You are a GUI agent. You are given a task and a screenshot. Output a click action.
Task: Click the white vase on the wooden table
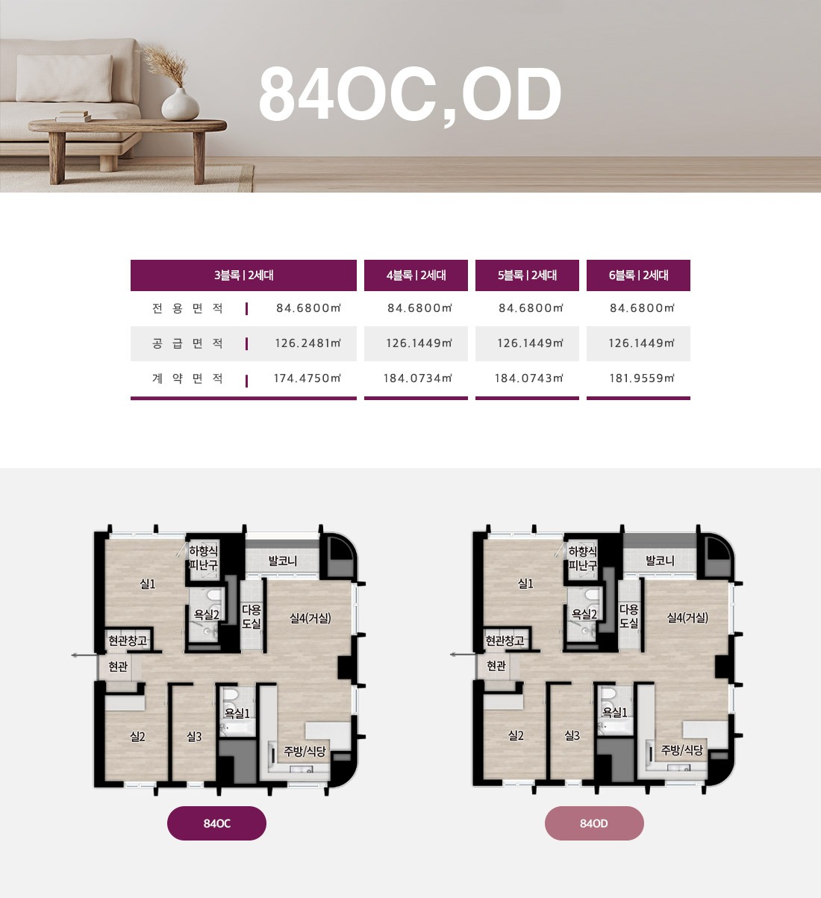click(x=180, y=104)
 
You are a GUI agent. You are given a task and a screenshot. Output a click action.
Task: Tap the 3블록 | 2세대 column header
click(x=243, y=275)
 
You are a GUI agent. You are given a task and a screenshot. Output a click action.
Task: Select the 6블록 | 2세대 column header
click(x=638, y=275)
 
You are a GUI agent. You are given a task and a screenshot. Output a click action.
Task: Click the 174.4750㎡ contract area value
click(x=308, y=378)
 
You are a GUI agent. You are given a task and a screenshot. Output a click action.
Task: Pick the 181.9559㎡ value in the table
click(x=641, y=378)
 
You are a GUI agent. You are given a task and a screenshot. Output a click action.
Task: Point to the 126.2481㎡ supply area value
click(x=308, y=343)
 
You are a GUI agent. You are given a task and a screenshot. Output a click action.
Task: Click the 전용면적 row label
click(x=187, y=308)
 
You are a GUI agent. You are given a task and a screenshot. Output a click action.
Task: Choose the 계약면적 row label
click(x=187, y=378)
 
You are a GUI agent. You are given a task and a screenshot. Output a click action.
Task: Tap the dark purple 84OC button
click(x=216, y=823)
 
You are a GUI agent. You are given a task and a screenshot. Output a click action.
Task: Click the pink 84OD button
click(x=594, y=823)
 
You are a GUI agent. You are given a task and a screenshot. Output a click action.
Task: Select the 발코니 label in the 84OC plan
click(x=282, y=561)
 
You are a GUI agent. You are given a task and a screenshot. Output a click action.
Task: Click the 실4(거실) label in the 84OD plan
click(x=687, y=618)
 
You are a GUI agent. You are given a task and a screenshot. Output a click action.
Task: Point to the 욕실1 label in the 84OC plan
click(x=237, y=713)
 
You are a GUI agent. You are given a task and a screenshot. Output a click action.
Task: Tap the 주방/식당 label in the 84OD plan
click(x=681, y=750)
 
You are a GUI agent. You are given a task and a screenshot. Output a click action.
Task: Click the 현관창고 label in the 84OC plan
click(x=128, y=640)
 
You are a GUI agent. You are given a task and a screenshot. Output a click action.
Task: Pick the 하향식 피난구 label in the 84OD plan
click(x=582, y=558)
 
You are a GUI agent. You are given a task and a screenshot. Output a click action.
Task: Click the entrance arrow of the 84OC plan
click(x=84, y=655)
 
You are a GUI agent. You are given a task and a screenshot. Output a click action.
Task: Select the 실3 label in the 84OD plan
click(x=572, y=735)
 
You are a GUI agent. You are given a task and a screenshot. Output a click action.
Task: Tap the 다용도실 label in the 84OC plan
click(x=251, y=617)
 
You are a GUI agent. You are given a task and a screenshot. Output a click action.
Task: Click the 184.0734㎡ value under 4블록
click(x=418, y=378)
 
